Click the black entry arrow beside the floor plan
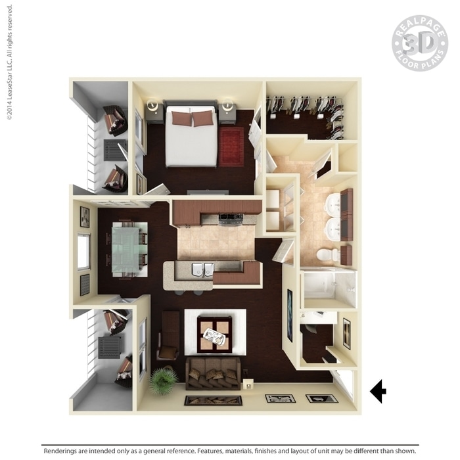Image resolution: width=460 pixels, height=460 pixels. (379, 391)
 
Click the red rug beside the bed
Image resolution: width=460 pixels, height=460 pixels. (231, 147)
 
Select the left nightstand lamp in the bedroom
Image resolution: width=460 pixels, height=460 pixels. (152, 104)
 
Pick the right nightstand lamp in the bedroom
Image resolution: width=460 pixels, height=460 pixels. (228, 104)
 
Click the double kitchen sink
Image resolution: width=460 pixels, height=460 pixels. (202, 269)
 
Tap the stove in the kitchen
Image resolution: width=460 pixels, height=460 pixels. (231, 219)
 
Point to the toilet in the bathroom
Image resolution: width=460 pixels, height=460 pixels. (328, 254)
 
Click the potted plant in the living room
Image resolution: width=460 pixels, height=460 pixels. (164, 380)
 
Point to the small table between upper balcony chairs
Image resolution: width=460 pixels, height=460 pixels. (114, 150)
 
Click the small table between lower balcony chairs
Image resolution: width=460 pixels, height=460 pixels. (109, 348)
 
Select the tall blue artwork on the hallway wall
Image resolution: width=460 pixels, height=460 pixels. (290, 315)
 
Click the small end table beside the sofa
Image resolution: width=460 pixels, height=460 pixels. (248, 384)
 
